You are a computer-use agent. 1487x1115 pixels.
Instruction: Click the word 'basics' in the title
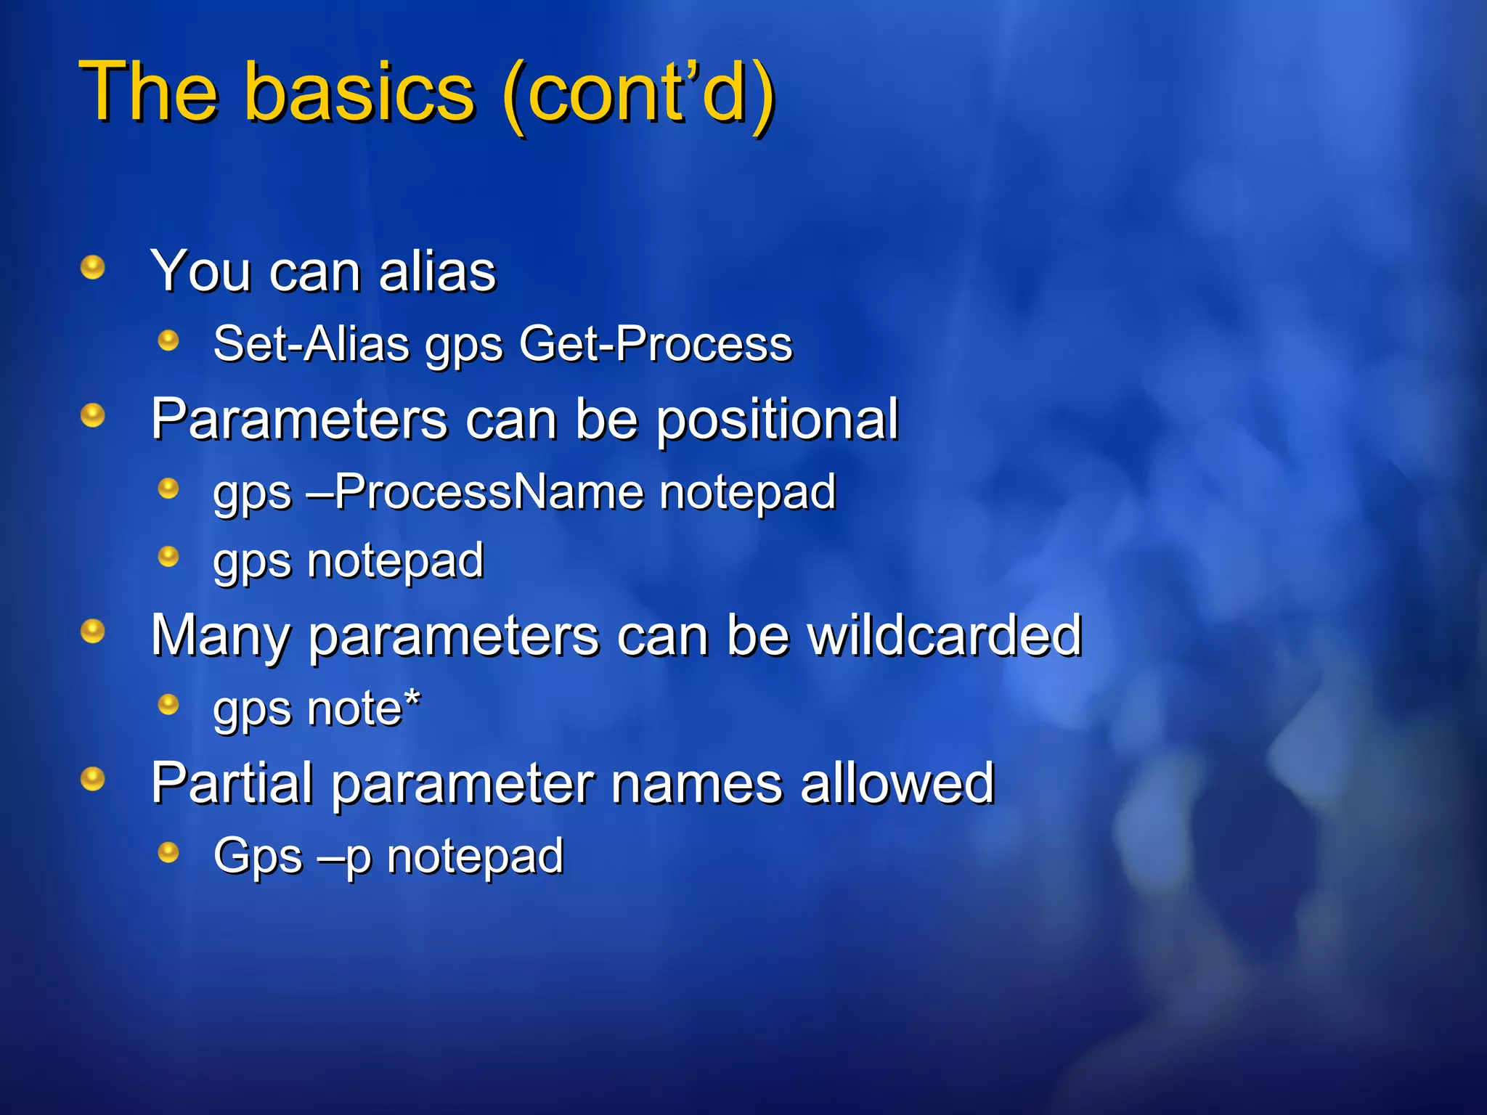tap(360, 93)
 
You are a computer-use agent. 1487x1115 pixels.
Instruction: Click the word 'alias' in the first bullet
tap(437, 271)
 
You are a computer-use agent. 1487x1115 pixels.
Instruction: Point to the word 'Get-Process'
tap(656, 343)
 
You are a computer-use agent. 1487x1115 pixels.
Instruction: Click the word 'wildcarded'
tap(945, 636)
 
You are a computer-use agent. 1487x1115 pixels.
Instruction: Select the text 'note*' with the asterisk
tap(364, 709)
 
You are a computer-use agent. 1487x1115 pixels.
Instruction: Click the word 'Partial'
tap(232, 784)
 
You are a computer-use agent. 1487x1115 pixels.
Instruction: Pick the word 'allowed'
tap(897, 784)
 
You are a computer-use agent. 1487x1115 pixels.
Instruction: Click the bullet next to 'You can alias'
tap(92, 267)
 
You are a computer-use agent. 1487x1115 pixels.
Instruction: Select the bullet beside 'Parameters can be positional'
tap(92, 415)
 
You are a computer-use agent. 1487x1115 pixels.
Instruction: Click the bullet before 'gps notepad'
tap(168, 557)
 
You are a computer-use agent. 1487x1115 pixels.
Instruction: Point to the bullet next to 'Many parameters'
tap(92, 631)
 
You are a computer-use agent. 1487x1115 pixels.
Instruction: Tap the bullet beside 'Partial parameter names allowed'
tap(92, 779)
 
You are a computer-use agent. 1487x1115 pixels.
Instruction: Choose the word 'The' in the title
tap(149, 93)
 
